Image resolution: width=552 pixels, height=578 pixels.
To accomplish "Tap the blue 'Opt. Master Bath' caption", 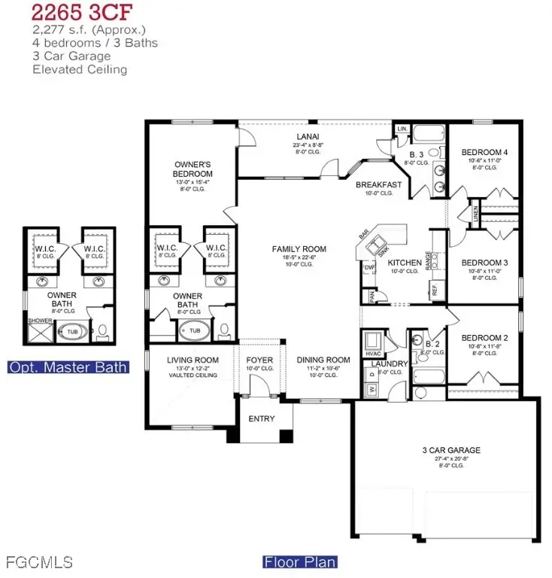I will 67,367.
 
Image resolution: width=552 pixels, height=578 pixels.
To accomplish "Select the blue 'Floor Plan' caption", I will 299,561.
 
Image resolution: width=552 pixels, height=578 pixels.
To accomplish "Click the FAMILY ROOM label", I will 299,249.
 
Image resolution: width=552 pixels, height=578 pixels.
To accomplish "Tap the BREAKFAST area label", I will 378,184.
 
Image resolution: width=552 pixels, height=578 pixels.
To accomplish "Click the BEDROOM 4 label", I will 484,153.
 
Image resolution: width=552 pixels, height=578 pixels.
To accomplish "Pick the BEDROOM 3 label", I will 484,262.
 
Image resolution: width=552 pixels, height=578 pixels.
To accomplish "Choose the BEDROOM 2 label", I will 484,338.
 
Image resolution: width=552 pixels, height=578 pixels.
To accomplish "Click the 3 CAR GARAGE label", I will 450,451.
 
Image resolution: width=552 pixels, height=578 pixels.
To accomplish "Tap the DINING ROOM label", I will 323,360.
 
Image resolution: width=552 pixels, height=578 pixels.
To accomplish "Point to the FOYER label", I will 259,360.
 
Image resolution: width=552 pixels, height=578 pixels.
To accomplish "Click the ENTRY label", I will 261,418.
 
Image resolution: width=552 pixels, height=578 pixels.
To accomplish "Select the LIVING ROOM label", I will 193,360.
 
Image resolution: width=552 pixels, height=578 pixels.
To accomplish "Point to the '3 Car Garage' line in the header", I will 71,56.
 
